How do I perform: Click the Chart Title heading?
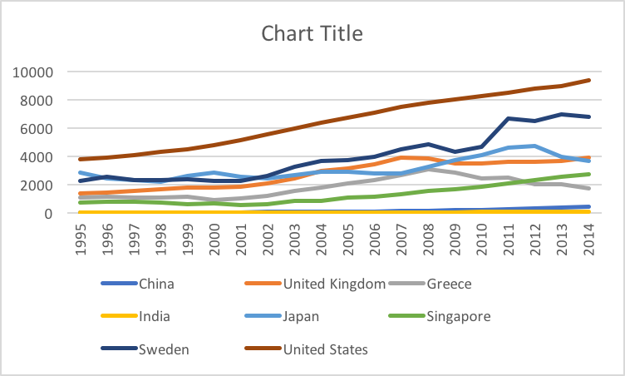pyautogui.click(x=312, y=33)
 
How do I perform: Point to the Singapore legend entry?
pyautogui.click(x=458, y=317)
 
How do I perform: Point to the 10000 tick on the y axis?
pyautogui.click(x=33, y=72)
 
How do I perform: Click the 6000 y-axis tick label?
pyautogui.click(x=37, y=129)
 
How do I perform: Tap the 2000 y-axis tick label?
pyautogui.click(x=37, y=186)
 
